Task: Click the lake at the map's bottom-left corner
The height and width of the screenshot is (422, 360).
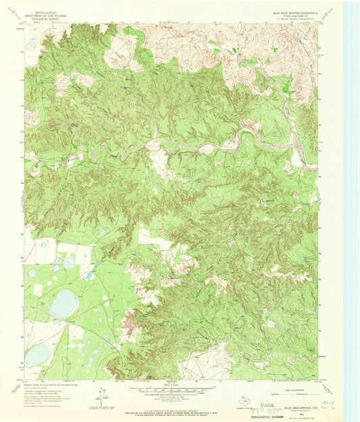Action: pos(36,355)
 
